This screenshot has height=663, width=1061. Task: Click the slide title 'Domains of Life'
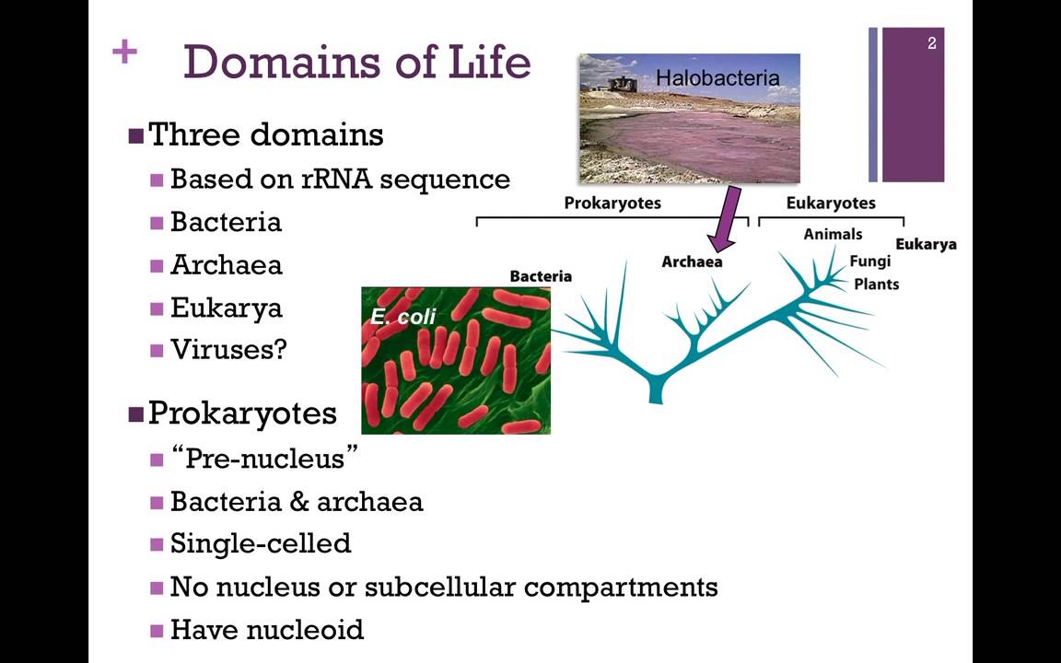point(356,61)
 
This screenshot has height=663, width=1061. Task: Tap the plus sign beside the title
point(124,52)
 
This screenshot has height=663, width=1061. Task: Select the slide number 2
point(932,43)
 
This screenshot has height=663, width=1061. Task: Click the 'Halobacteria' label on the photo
point(717,78)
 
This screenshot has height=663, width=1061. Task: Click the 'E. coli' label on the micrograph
point(403,317)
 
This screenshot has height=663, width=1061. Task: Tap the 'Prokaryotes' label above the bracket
point(612,203)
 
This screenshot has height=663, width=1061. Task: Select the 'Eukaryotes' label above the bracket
point(831,203)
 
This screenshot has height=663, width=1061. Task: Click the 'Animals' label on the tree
point(833,234)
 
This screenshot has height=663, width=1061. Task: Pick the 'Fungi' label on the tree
point(869,261)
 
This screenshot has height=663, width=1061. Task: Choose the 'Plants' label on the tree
point(876,284)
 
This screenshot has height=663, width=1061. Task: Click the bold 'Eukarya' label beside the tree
point(926,244)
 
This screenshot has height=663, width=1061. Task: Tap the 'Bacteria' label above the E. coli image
point(541,276)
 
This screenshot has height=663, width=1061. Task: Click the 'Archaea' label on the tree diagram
point(692,262)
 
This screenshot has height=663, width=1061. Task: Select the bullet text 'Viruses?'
point(228,350)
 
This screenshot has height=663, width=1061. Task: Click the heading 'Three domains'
point(265,134)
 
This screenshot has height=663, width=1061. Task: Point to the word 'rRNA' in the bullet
point(336,179)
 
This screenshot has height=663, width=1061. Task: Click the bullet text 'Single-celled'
point(261,543)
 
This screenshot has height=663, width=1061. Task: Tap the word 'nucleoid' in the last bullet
point(315,630)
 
